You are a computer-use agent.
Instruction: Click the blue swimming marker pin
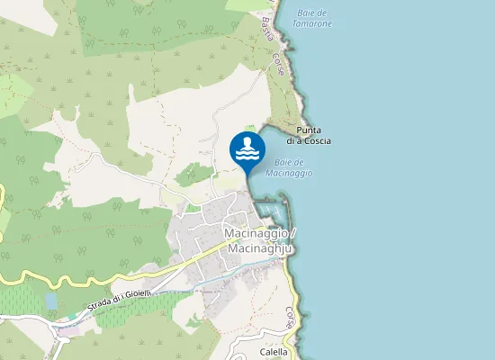pyautogui.click(x=247, y=149)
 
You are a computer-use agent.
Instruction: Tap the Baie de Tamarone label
pyautogui.click(x=312, y=18)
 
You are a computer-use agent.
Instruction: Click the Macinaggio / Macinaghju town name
pyautogui.click(x=258, y=240)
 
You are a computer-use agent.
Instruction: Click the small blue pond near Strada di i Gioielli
pyautogui.click(x=50, y=301)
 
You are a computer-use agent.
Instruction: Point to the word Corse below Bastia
pyautogui.click(x=279, y=63)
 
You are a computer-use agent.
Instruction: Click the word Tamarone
pyautogui.click(x=313, y=23)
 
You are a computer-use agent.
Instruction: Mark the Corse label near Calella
pyautogui.click(x=290, y=317)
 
